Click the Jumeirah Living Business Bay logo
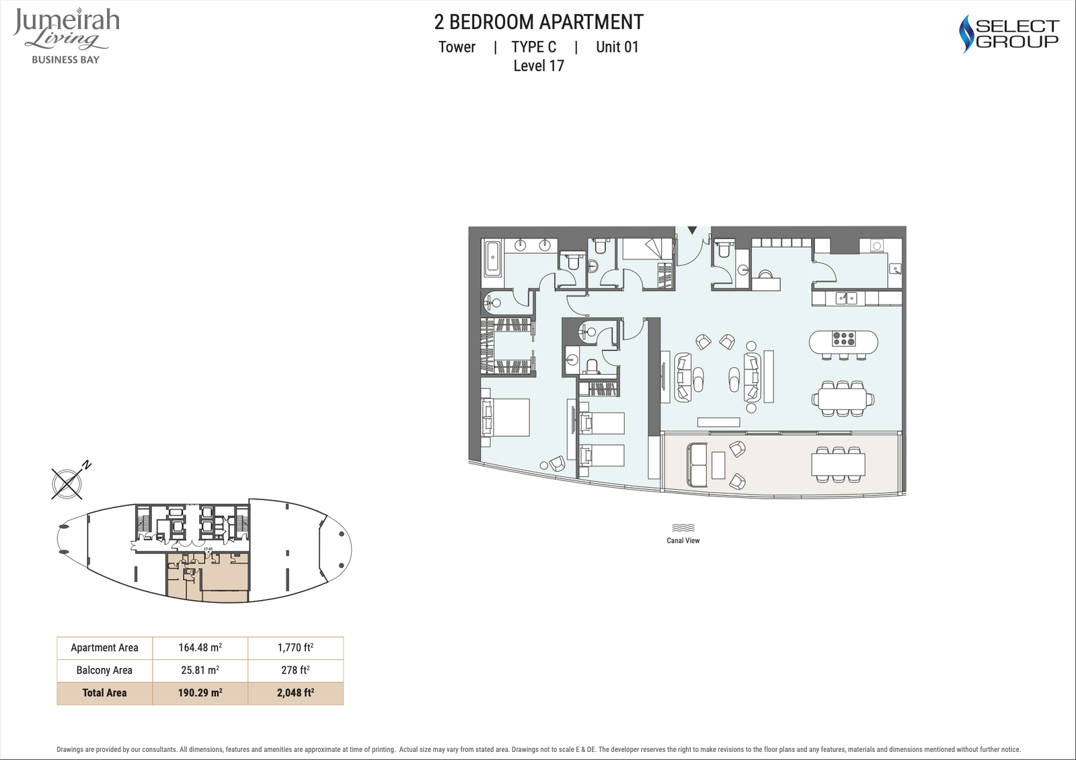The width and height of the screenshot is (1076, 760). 67,36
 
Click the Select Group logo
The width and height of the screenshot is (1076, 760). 1009,34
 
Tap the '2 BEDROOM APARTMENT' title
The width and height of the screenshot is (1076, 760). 539,22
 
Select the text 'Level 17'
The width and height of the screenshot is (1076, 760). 539,66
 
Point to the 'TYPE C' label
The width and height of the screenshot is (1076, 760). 534,47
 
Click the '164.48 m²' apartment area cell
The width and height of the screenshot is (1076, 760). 200,648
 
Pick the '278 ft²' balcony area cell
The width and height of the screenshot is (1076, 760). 295,670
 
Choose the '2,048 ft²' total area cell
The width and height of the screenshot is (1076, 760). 295,693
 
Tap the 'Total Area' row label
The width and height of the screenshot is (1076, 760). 104,693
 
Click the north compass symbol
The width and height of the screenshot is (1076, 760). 68,482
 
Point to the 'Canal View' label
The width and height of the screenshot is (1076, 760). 683,540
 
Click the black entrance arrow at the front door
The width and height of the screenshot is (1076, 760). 692,230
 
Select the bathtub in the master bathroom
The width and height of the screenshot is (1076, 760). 492,258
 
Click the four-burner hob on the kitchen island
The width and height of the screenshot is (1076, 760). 844,339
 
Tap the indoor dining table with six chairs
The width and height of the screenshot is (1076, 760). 843,398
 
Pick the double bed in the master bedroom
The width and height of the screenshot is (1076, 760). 505,417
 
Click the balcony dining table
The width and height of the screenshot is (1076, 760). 838,464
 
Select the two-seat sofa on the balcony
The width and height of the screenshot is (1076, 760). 697,465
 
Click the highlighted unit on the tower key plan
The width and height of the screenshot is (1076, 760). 208,577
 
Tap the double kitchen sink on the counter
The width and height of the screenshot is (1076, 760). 846,298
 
